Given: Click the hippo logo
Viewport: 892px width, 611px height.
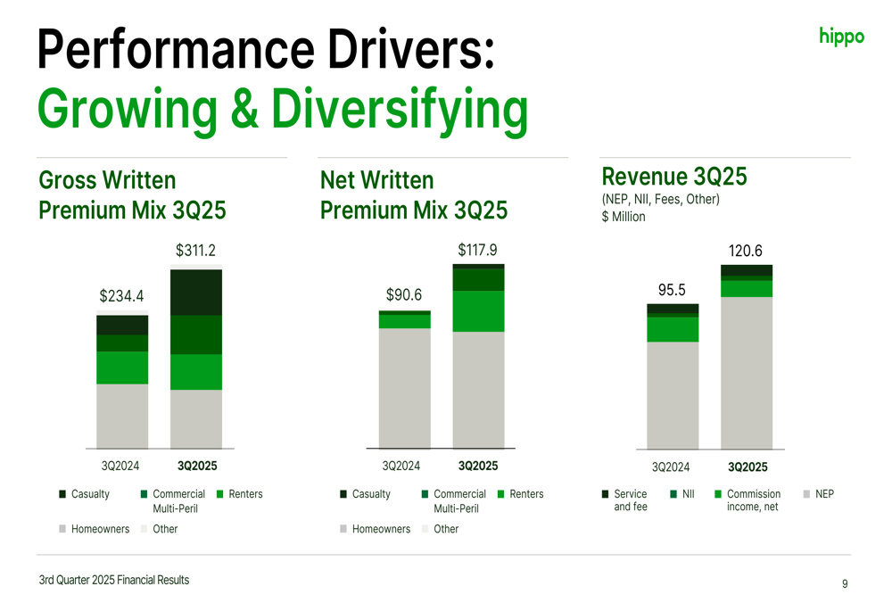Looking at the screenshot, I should pos(841,37).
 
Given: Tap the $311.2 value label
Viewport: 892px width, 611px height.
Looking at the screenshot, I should pos(195,251).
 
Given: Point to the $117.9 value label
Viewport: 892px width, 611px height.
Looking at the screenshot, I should pos(477,249).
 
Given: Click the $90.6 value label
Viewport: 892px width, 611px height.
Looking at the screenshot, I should pos(404,294).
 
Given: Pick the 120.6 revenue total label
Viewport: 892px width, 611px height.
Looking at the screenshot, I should pos(746,251).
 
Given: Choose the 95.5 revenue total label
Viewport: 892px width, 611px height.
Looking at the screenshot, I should pos(672,290).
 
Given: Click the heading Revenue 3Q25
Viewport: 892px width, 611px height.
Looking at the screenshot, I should pos(674,177).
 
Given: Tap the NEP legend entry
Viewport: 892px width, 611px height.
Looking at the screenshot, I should pos(824,494).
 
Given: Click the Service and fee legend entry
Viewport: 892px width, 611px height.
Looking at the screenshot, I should pos(630,500).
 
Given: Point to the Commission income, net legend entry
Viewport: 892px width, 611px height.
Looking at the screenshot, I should pos(753,500).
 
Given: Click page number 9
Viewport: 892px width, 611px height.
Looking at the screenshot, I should pos(845,584).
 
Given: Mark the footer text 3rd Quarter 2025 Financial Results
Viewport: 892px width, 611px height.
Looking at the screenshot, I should pos(114,580).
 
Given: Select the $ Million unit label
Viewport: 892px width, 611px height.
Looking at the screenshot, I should pos(624,217).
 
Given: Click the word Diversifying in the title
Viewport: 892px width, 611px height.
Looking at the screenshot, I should pos(400,109).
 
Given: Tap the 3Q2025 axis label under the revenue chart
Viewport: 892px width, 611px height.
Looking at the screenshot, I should pos(747,467).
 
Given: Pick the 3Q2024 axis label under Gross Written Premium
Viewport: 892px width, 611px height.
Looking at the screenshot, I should pos(120,466).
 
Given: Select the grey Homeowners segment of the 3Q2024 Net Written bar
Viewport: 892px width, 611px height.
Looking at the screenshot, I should pos(405,388).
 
